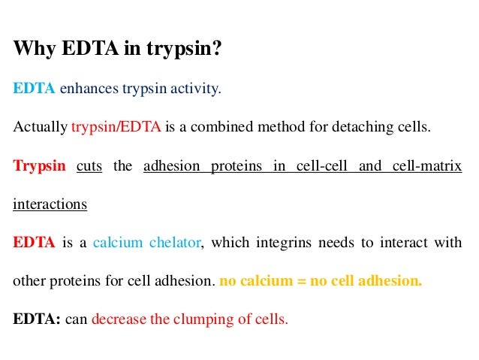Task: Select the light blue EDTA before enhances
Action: click(x=35, y=89)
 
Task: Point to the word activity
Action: click(x=197, y=89)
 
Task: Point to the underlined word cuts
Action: click(x=89, y=165)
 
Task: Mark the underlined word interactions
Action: click(x=50, y=204)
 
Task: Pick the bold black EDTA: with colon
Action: click(x=37, y=319)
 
